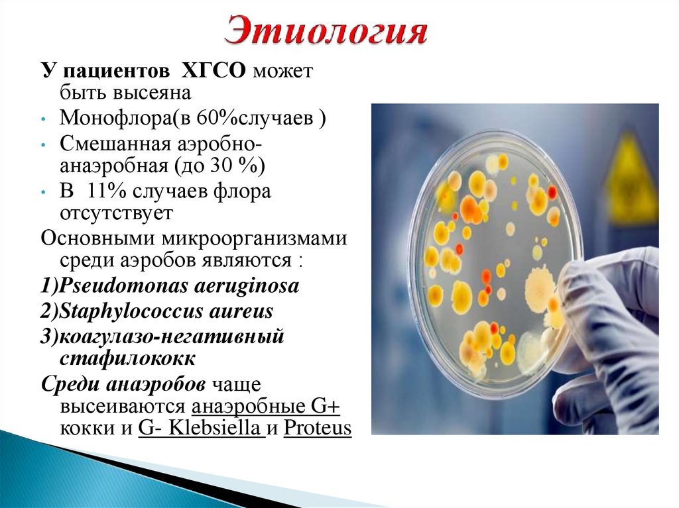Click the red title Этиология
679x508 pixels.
tap(326, 30)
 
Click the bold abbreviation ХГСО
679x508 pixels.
tap(213, 70)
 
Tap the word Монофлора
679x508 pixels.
tap(115, 118)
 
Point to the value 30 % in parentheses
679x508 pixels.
tap(234, 166)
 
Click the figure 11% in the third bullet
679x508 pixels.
tap(105, 191)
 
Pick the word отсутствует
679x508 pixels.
tap(116, 213)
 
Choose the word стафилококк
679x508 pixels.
tap(127, 359)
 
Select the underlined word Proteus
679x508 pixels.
tap(318, 428)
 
